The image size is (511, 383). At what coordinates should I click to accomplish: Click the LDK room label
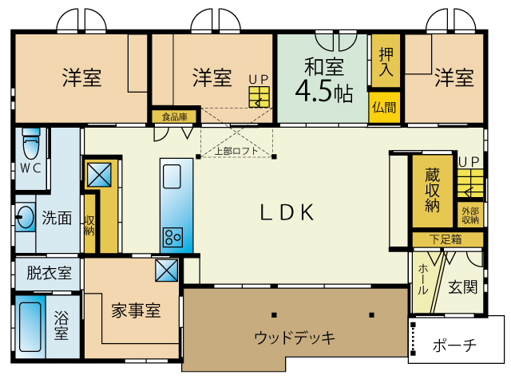click(x=287, y=212)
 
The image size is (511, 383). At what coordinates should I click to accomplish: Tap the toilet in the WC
click(x=31, y=144)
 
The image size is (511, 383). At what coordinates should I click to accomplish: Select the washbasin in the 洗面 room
click(x=25, y=217)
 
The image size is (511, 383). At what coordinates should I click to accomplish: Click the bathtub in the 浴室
click(x=30, y=326)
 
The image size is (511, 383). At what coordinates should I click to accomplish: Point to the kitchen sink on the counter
click(x=172, y=176)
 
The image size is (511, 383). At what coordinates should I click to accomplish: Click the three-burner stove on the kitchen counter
click(x=173, y=238)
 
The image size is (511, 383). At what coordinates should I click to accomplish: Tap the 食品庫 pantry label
click(x=175, y=116)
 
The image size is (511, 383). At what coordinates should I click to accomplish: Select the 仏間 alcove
click(x=384, y=108)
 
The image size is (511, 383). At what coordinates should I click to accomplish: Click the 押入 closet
click(x=386, y=61)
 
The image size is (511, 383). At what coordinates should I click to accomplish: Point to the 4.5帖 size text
click(x=323, y=91)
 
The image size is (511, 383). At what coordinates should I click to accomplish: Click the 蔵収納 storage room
click(x=433, y=191)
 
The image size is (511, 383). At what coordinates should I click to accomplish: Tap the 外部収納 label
click(x=470, y=215)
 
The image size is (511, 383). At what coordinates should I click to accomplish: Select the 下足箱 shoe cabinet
click(x=447, y=239)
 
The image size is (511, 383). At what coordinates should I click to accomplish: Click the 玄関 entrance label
click(x=463, y=287)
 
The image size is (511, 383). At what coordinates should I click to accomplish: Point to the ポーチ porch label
click(x=454, y=345)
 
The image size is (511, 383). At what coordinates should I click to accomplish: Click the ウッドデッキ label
click(x=295, y=337)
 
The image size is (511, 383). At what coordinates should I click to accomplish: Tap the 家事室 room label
click(x=136, y=310)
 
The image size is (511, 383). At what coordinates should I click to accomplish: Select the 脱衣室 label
click(x=49, y=273)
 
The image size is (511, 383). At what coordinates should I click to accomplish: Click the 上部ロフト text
click(x=236, y=151)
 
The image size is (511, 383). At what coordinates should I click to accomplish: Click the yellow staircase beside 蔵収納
click(x=470, y=183)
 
